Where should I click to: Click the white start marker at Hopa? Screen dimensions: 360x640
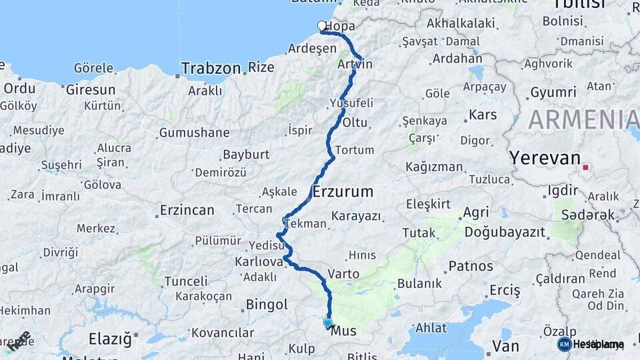point(322,26)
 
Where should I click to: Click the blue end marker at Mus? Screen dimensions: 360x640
point(327,323)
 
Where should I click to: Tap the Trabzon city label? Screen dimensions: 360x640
point(211,68)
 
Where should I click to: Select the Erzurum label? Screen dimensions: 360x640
point(343,192)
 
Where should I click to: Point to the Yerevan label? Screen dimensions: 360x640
point(545,158)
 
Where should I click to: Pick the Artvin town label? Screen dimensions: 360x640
point(355,64)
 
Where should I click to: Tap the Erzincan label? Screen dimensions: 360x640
point(187,211)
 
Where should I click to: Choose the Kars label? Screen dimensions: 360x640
point(483,115)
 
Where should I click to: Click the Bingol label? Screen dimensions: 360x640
point(267,305)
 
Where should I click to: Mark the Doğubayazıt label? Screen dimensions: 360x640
point(505,232)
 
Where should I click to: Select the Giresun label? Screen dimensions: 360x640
point(91,89)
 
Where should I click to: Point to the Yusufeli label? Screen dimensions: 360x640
point(351,103)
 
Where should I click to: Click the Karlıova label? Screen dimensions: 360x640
point(259,261)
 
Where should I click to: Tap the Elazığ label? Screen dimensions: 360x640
point(110,338)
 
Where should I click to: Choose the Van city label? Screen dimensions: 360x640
point(505,345)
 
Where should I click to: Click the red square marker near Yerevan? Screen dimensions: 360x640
point(587,167)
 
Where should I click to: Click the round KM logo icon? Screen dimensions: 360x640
point(564,344)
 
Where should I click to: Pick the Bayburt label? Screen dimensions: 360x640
point(245,155)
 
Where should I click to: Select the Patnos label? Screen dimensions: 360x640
point(471,266)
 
